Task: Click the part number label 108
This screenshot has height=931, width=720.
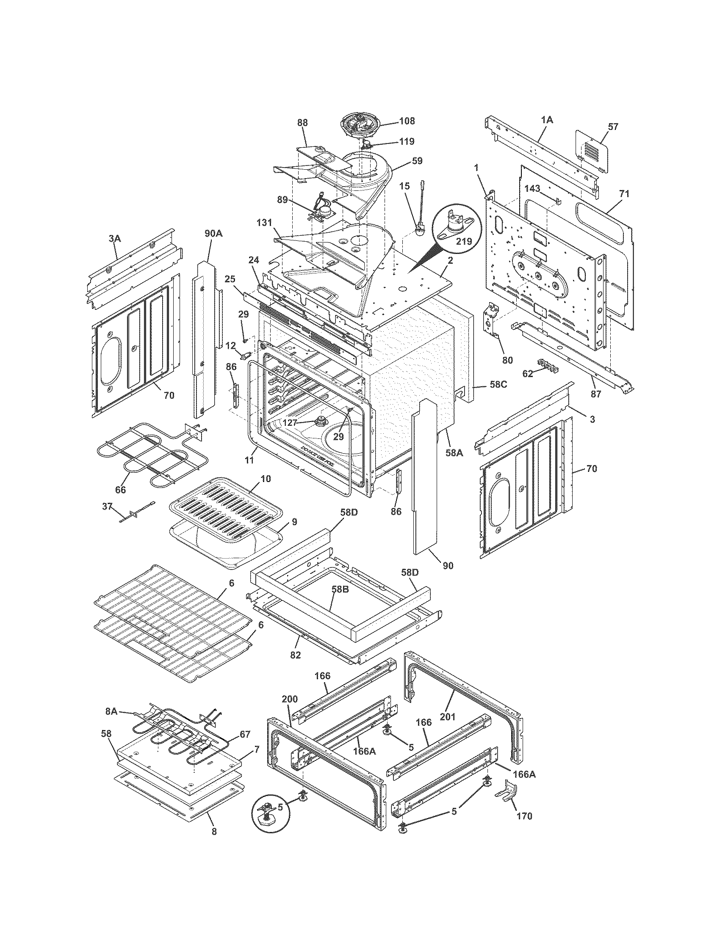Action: pyautogui.click(x=407, y=121)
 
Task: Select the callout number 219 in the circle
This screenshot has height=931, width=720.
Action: pyautogui.click(x=464, y=241)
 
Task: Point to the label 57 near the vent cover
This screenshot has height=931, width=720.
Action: pyautogui.click(x=613, y=127)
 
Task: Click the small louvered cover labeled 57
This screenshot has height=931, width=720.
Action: pyautogui.click(x=592, y=151)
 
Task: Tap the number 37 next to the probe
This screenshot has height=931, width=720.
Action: pyautogui.click(x=107, y=507)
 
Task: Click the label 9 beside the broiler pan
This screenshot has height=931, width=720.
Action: pyautogui.click(x=294, y=521)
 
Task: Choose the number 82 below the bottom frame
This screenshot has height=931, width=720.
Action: pyautogui.click(x=296, y=655)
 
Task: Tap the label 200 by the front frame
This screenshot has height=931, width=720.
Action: pyautogui.click(x=290, y=700)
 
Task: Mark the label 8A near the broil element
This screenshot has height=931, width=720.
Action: pyautogui.click(x=111, y=711)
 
